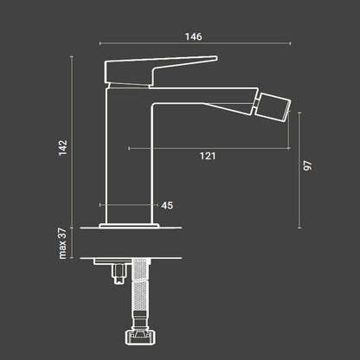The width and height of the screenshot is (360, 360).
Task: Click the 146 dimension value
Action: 193,36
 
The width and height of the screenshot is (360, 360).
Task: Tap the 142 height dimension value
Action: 63,148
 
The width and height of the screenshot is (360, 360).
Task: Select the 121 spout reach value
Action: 208,156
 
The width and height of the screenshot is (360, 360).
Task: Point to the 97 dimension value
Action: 307,165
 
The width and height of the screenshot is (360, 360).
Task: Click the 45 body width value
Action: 167,205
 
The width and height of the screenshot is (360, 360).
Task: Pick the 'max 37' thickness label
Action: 62,243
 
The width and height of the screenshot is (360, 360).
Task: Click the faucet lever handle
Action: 160,71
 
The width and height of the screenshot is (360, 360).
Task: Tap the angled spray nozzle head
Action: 273,106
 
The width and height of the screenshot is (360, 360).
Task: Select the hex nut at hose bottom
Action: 140,337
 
